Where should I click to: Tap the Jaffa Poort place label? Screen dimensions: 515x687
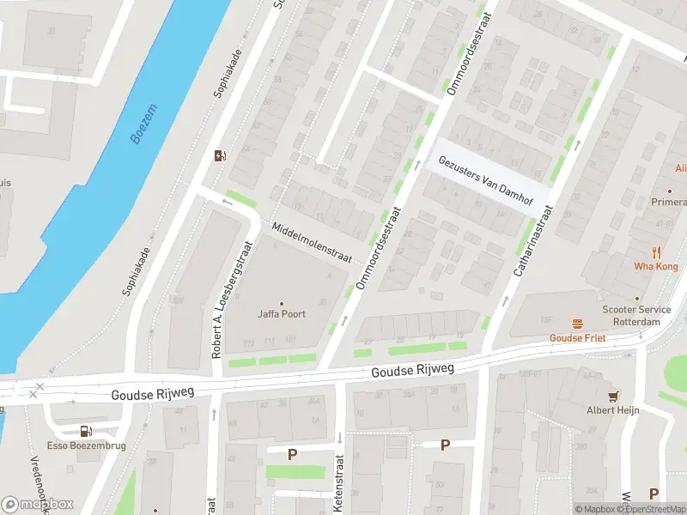pyautogui.click(x=282, y=314)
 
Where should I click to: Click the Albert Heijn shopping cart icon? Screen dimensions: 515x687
pyautogui.click(x=613, y=396)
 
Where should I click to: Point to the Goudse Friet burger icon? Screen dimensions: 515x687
pyautogui.click(x=578, y=324)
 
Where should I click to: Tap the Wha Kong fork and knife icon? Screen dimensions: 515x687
pyautogui.click(x=657, y=252)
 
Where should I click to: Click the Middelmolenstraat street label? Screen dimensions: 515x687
pyautogui.click(x=312, y=243)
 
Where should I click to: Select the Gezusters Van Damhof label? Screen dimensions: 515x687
pyautogui.click(x=485, y=181)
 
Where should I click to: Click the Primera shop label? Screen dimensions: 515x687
pyautogui.click(x=669, y=203)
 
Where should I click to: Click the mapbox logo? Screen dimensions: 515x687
pyautogui.click(x=37, y=505)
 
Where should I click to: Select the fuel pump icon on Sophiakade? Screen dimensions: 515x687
pyautogui.click(x=221, y=155)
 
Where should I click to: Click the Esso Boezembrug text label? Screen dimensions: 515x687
pyautogui.click(x=85, y=446)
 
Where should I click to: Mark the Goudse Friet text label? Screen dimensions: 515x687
pyautogui.click(x=578, y=338)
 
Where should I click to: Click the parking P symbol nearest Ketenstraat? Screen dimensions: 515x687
pyautogui.click(x=292, y=453)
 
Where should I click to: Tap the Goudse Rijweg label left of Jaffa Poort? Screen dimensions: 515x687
pyautogui.click(x=153, y=393)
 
